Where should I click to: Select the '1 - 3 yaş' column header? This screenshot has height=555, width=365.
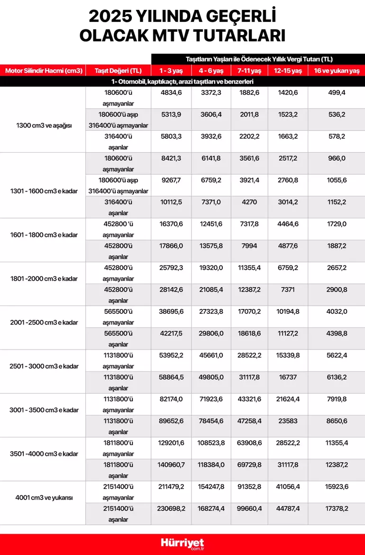(x=171, y=71)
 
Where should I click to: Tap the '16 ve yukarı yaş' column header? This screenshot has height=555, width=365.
(x=337, y=71)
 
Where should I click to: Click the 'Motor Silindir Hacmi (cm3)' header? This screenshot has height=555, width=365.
(x=44, y=71)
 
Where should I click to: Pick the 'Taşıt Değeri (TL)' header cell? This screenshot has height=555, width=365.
(x=119, y=71)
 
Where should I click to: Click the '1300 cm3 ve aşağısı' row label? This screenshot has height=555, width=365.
(x=44, y=126)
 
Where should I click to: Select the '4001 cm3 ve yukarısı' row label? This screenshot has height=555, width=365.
(x=44, y=498)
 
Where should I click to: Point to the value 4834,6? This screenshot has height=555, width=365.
(x=171, y=92)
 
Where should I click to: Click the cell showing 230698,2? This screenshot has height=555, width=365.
(x=171, y=509)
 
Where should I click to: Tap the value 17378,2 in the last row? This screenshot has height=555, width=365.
(x=337, y=509)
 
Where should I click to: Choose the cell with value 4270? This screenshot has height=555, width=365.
(x=249, y=202)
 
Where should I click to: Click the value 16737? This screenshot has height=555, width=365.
(x=288, y=377)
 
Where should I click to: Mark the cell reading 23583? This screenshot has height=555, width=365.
(x=288, y=420)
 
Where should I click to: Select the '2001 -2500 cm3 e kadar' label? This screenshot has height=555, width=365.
(x=44, y=322)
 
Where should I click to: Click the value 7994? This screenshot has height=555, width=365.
(x=249, y=246)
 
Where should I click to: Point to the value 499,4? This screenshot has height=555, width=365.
(x=337, y=92)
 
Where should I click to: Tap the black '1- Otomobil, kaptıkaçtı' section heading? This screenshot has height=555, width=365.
(x=182, y=82)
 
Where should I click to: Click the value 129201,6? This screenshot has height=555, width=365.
(x=171, y=443)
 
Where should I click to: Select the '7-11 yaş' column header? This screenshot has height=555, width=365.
(x=249, y=71)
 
